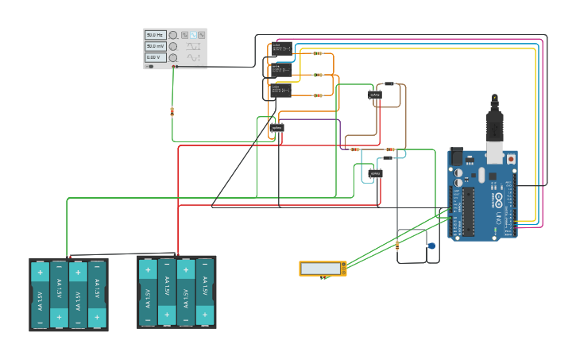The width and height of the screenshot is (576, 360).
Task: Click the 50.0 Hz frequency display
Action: tap(154, 36)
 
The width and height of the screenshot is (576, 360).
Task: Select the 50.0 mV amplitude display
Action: tap(154, 47)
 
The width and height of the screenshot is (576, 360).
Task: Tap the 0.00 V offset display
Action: tap(154, 57)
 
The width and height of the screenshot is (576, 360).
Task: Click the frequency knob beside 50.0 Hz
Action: tap(172, 36)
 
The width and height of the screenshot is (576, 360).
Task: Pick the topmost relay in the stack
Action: tap(280, 49)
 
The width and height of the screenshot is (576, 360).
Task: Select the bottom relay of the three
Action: tap(280, 90)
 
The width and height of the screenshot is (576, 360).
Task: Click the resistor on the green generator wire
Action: tap(172, 111)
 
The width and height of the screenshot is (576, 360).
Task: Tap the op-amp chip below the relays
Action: tap(276, 127)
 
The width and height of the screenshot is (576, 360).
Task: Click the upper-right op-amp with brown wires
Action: tap(375, 95)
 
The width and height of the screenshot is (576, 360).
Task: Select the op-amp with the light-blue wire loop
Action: tap(375, 173)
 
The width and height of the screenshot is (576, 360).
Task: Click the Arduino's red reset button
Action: tap(510, 159)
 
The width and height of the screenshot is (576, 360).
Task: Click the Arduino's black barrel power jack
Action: tap(456, 157)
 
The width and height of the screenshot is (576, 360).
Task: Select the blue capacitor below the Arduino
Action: tap(431, 246)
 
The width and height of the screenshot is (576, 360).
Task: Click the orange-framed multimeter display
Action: tap(323, 269)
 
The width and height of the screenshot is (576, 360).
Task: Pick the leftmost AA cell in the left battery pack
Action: tap(40, 295)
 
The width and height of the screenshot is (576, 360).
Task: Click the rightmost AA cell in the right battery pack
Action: tap(205, 292)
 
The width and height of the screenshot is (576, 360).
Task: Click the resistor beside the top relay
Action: tap(318, 54)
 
